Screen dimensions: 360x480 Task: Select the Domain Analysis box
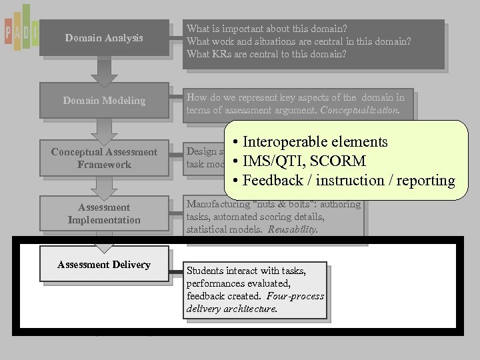104,38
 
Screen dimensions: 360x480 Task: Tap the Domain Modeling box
104,101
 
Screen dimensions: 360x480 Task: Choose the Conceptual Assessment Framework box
104,158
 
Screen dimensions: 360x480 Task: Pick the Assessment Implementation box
104,213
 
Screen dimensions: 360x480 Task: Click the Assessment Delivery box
104,265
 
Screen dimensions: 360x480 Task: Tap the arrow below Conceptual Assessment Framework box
104,186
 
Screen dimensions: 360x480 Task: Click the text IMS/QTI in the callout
271,161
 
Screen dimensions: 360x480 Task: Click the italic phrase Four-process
294,296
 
